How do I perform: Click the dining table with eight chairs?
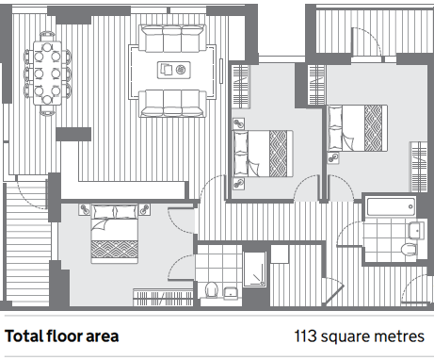(47, 73)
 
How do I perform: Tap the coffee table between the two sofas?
(174, 70)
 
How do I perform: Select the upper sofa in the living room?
(172, 39)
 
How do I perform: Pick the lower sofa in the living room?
(172, 104)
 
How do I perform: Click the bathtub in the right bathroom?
(392, 206)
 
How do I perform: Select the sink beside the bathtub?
(416, 231)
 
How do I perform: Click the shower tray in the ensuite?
(254, 270)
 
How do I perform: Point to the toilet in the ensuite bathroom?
(212, 290)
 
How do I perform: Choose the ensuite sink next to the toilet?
(232, 293)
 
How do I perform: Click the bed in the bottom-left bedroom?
(115, 234)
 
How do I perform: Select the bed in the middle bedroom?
(263, 154)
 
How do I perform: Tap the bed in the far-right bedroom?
(358, 128)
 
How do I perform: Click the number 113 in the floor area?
(305, 336)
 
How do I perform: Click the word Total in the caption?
(24, 336)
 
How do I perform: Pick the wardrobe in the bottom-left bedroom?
(163, 297)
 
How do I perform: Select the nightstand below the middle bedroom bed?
(239, 183)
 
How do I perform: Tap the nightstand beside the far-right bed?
(333, 157)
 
